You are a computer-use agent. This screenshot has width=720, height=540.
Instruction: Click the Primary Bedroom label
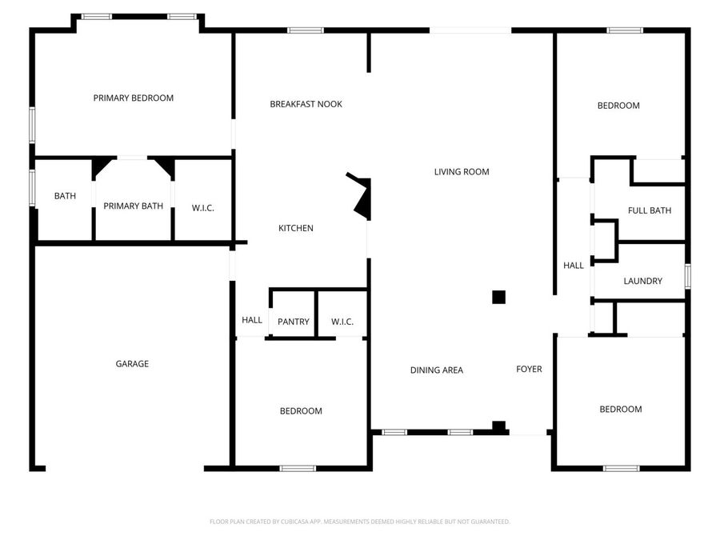[133, 98]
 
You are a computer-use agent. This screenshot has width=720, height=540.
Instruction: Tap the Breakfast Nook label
[306, 104]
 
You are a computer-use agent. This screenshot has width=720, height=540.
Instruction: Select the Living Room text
[462, 172]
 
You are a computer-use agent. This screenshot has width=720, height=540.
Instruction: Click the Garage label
[132, 364]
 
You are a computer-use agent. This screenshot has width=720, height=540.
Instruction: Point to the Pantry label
[293, 322]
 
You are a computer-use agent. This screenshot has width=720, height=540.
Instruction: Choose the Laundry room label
[642, 282]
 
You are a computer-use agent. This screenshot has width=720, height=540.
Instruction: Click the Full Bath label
[649, 211]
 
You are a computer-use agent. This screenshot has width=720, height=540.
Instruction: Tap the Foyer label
[529, 370]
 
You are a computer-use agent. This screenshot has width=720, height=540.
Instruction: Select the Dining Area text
[436, 370]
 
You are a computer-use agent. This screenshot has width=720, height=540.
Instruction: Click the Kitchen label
[295, 229]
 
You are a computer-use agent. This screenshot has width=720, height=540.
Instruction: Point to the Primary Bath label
[133, 206]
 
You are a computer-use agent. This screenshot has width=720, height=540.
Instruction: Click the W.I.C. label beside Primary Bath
[202, 208]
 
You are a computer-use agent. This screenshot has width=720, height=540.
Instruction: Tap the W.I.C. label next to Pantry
[342, 322]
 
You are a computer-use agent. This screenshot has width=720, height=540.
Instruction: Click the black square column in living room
[498, 298]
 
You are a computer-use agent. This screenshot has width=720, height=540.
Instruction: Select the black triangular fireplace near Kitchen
[362, 197]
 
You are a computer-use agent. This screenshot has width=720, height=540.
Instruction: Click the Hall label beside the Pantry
[252, 320]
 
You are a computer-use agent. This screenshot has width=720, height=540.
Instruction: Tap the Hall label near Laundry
[574, 266]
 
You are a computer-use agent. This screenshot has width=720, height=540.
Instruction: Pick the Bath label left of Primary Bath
[65, 196]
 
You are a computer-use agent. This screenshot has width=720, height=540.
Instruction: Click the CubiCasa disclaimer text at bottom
[359, 522]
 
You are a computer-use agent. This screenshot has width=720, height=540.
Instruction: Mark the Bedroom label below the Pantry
[300, 411]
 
